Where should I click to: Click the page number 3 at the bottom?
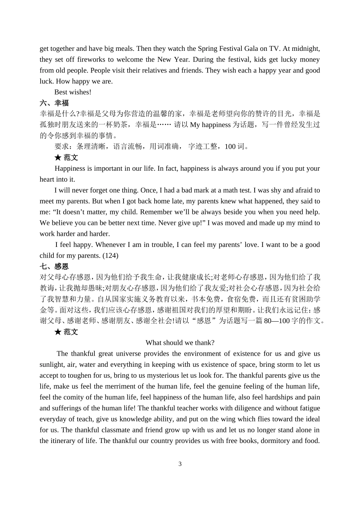coord(180,464)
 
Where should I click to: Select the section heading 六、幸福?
coord(54,103)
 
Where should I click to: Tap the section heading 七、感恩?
coord(54,266)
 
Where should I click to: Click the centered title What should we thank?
coord(180,342)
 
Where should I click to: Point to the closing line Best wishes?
coord(73,92)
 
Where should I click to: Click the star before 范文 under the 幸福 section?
coord(58,157)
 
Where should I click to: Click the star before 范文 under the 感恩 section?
coord(58,332)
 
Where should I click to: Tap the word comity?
coord(74,397)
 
